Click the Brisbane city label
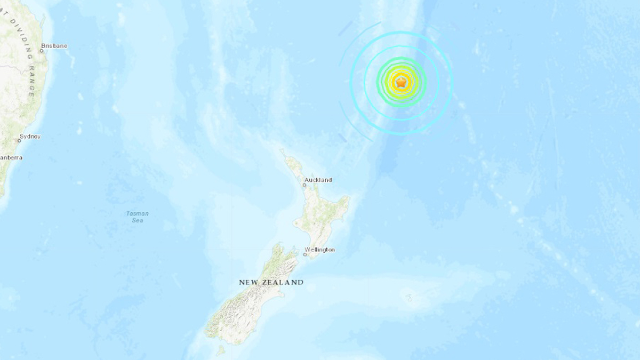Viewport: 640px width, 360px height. (x=55, y=46)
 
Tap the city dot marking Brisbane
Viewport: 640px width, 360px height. (x=42, y=51)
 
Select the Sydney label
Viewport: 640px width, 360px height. (x=30, y=137)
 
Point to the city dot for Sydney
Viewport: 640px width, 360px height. (x=19, y=141)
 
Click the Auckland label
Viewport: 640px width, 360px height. (x=318, y=180)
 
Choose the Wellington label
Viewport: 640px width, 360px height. (x=320, y=250)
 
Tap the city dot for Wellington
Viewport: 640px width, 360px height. (x=305, y=254)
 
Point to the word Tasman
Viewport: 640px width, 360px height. (x=138, y=213)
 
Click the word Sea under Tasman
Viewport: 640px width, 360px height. (x=138, y=220)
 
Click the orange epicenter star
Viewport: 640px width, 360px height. (x=401, y=83)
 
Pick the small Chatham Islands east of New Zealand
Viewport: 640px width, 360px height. (x=409, y=297)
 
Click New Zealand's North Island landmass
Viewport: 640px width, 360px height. (x=320, y=219)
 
